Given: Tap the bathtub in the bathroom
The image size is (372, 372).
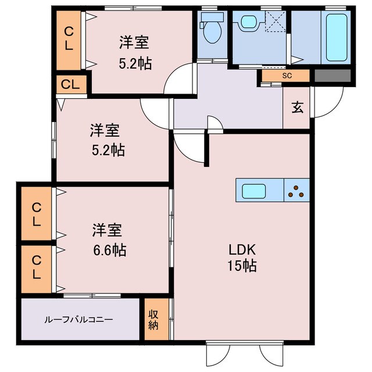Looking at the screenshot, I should tap(338, 37).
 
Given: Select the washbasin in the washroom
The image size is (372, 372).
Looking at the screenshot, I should tap(251, 23).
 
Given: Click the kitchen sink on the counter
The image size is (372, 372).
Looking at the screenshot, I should tap(253, 190).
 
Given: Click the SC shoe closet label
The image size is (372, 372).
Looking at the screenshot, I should tap(287, 76).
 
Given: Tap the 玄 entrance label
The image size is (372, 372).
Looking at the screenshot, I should tap(297, 108).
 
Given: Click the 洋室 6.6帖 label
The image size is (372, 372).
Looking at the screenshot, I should tap(108, 241).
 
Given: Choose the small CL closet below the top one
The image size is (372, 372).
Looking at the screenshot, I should tap(71, 85).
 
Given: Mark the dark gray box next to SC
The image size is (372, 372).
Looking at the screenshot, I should tap(333, 76).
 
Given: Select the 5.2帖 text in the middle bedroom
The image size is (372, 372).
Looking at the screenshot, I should tap(108, 151).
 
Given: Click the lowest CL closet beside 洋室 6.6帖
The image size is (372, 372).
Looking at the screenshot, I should tap(37, 266).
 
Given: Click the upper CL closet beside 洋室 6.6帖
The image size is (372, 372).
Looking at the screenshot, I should tap(37, 213).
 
